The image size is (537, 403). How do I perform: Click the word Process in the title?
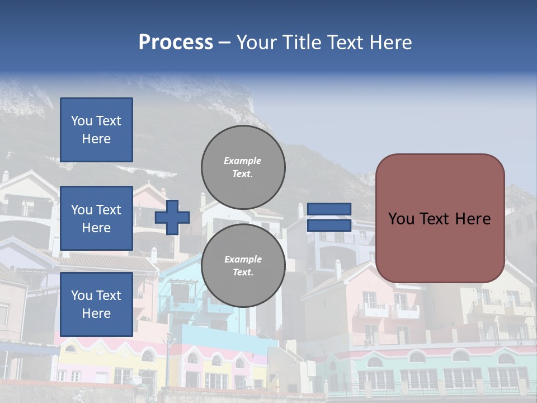click(x=176, y=43)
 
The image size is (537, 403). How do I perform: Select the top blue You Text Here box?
click(x=96, y=130)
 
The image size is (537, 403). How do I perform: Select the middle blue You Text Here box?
click(x=96, y=218)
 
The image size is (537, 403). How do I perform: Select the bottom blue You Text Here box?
click(x=96, y=304)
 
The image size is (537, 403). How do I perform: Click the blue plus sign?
click(x=172, y=217)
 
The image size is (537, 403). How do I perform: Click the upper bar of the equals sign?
click(x=329, y=209)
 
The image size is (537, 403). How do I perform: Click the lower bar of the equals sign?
click(x=329, y=225)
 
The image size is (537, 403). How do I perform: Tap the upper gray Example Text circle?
click(x=243, y=167)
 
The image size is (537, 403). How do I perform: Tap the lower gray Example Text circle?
click(x=243, y=265)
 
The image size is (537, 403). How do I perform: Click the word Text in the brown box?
click(x=440, y=219)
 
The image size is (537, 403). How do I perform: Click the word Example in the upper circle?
click(x=242, y=161)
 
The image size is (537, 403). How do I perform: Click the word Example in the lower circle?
click(x=242, y=259)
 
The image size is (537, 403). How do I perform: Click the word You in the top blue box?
click(x=81, y=121)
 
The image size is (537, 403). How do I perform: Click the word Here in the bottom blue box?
click(x=96, y=313)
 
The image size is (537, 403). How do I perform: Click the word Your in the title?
click(x=256, y=43)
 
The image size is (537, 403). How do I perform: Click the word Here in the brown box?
click(x=473, y=219)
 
